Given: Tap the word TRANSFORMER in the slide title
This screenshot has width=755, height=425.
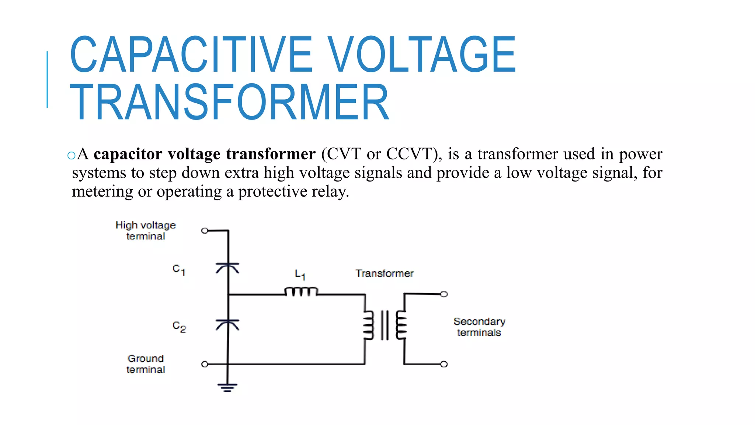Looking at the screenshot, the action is [x=229, y=102].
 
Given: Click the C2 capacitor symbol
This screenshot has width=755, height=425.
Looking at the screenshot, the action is [x=227, y=324].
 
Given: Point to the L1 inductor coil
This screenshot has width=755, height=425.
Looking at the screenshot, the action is [x=301, y=291].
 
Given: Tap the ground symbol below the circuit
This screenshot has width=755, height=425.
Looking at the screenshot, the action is [x=227, y=387].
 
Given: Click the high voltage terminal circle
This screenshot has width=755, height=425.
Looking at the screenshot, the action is [x=205, y=231].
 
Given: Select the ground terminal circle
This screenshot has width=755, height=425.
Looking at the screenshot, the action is [x=205, y=364].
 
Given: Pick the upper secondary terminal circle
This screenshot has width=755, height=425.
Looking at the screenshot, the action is [x=444, y=294].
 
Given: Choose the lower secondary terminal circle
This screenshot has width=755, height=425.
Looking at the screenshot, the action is [x=444, y=364].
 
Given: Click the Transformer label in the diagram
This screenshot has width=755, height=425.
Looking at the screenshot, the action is [x=385, y=273].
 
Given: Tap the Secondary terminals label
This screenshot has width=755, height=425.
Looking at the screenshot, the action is [x=479, y=327].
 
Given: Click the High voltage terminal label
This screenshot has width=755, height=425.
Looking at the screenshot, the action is [x=146, y=231].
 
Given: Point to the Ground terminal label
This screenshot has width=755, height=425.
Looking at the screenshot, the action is [x=146, y=364].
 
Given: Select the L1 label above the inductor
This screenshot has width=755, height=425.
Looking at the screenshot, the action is [x=300, y=274].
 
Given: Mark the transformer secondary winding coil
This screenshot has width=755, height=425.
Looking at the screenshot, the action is [x=401, y=325].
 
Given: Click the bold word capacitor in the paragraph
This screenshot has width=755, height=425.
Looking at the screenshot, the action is [x=128, y=154].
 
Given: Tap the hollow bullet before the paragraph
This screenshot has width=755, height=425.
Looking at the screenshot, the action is [x=72, y=155].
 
